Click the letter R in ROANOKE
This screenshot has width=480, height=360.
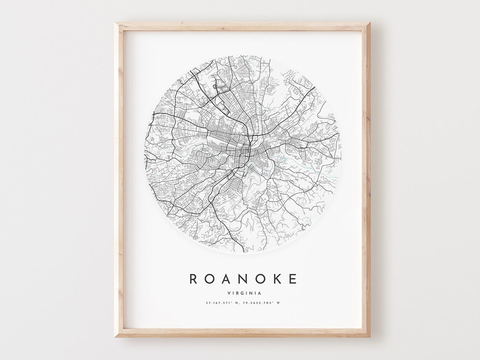click(193, 279)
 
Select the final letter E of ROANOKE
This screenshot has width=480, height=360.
click(293, 279)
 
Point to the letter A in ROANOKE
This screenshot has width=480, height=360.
click(226, 279)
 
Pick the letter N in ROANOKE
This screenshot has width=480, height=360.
click(243, 279)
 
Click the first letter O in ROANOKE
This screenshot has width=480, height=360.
click(209, 279)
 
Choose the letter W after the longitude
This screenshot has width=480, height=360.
click(278, 303)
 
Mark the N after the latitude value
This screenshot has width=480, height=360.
click(236, 303)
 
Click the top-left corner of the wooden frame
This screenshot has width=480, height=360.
click(116, 24)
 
